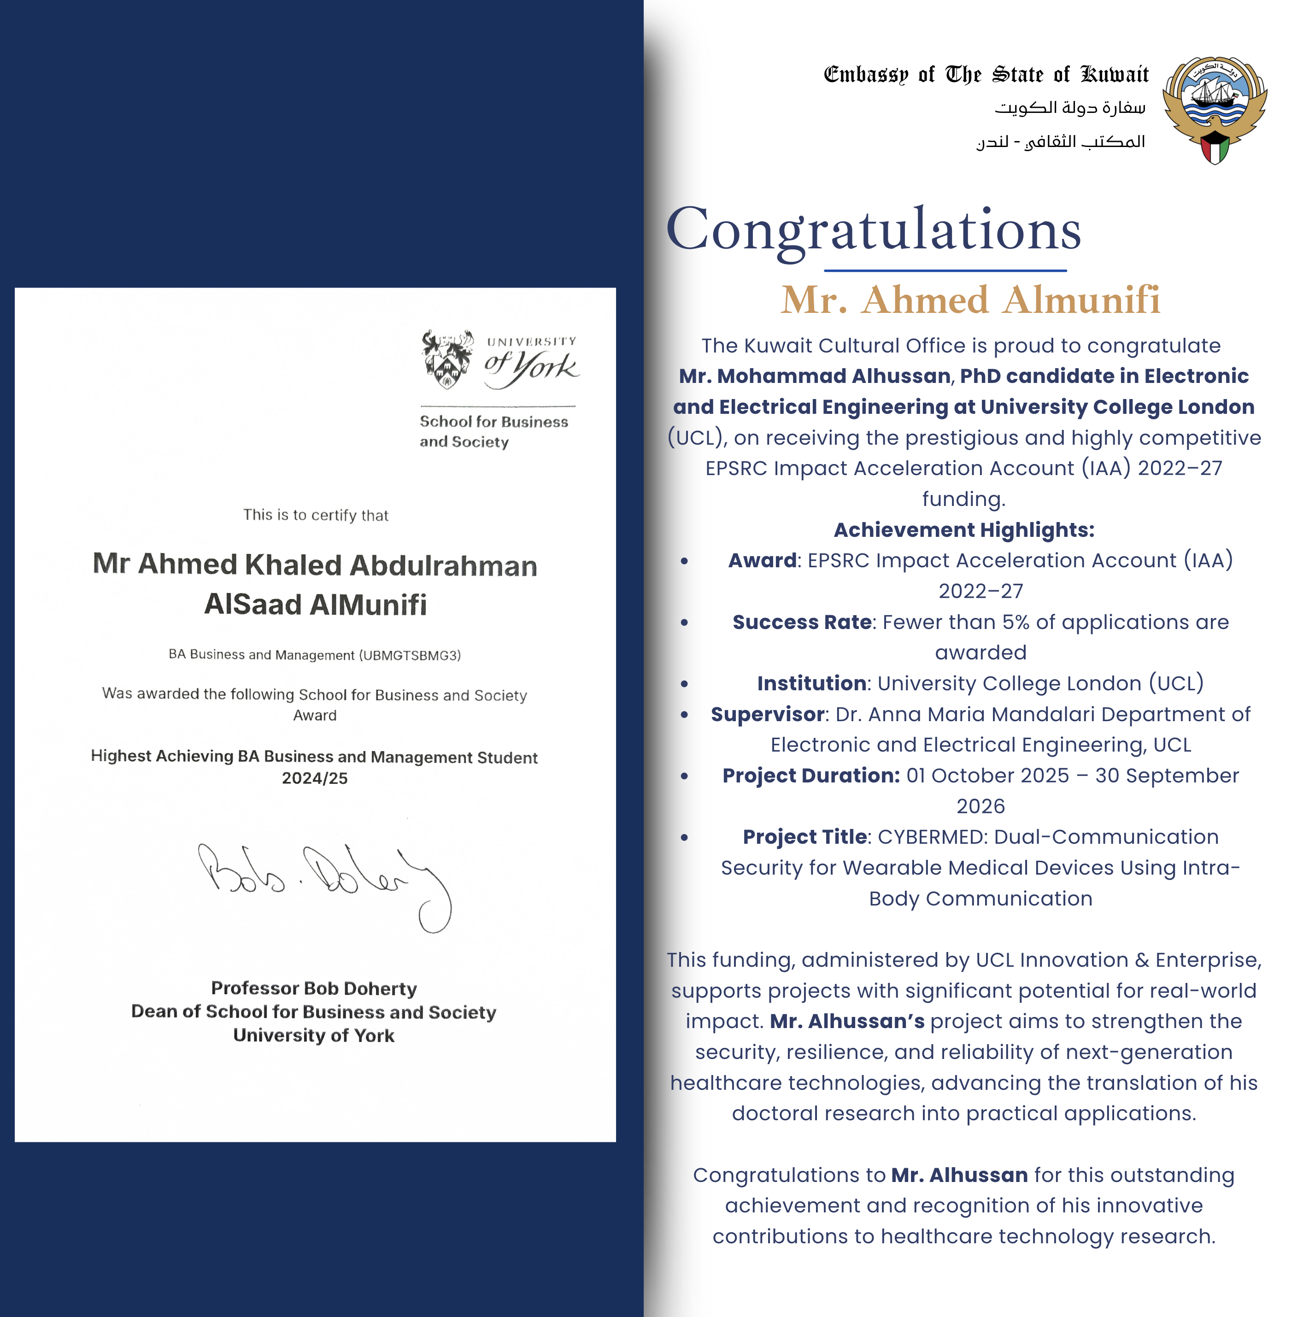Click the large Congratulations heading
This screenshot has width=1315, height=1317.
pos(873,230)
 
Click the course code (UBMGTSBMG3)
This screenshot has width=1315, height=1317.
pos(411,655)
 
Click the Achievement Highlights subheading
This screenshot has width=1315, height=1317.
pos(963,529)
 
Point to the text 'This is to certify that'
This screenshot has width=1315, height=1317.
pos(316,515)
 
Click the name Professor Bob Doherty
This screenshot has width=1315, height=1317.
pos(314,988)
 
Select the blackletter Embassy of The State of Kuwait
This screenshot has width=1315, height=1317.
pos(986,74)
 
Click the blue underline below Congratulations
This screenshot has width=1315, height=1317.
pos(945,270)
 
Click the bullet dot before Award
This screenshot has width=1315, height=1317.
pos(684,561)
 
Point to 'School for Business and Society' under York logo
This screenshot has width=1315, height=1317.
pos(493,431)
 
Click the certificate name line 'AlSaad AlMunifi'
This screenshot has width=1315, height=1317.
pos(315,605)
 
